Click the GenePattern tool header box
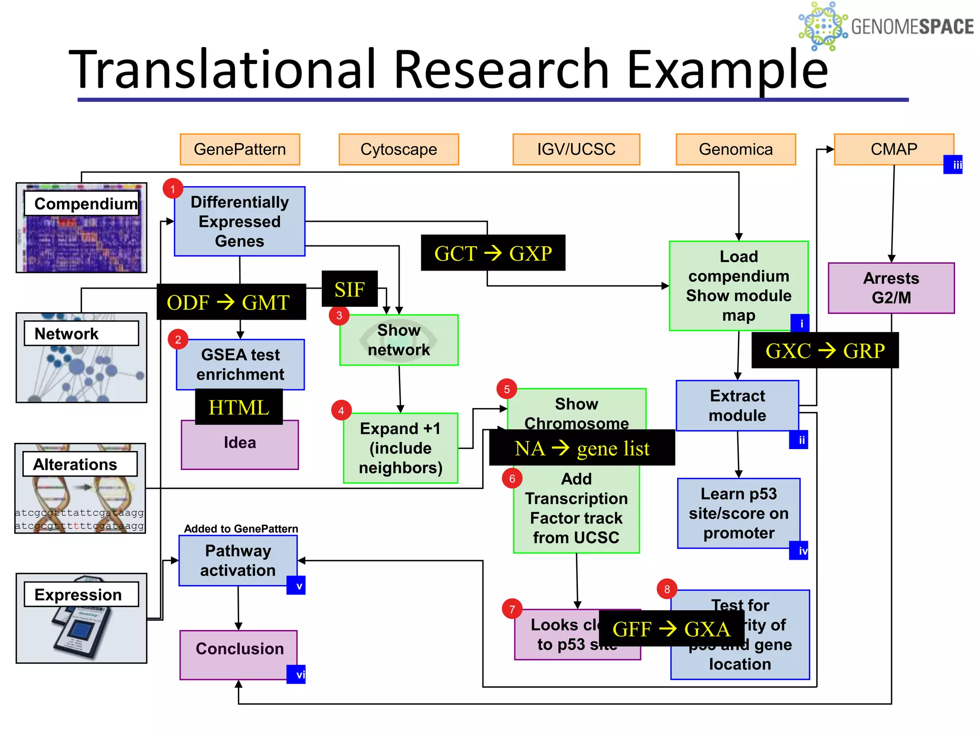(240, 149)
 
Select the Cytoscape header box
(399, 149)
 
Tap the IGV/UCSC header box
(576, 149)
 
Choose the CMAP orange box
(893, 149)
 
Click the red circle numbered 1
(173, 189)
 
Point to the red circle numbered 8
(667, 589)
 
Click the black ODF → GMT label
(231, 302)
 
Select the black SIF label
(350, 289)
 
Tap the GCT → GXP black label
(493, 253)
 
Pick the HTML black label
(239, 407)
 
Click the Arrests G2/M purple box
(891, 288)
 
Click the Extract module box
(737, 406)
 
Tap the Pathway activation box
(238, 560)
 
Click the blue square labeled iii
(953, 165)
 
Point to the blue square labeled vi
(296, 674)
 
